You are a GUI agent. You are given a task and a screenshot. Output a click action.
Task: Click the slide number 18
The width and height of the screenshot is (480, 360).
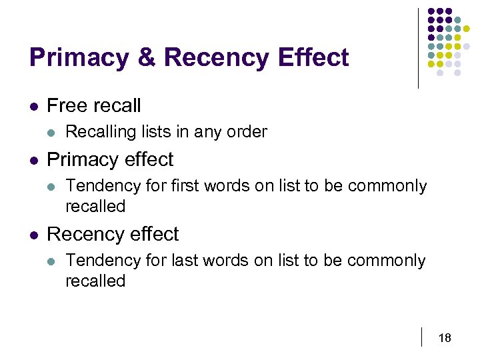click(445, 338)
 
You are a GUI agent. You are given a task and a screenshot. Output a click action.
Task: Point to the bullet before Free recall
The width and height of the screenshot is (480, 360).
click(34, 106)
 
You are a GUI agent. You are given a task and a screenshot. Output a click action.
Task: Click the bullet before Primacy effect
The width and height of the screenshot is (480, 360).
click(34, 161)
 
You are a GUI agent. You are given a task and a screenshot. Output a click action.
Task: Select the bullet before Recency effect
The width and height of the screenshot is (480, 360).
click(34, 235)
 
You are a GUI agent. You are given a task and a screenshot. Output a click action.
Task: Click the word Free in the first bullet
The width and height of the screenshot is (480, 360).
click(66, 105)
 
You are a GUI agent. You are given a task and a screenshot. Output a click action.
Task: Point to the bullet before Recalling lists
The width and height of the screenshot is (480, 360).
click(53, 133)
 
